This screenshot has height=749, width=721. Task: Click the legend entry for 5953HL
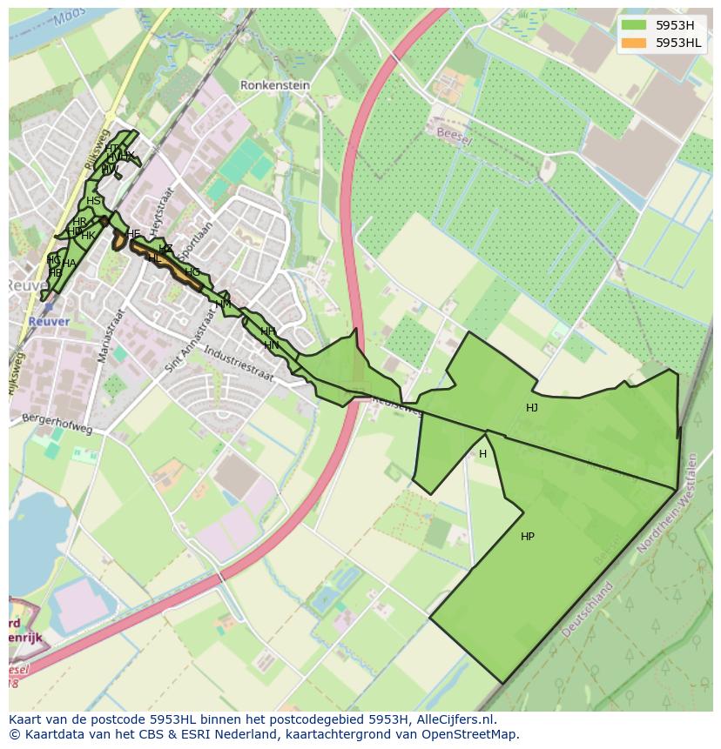click(679, 43)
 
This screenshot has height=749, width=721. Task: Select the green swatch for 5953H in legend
click(634, 25)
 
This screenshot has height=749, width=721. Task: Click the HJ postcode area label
click(531, 408)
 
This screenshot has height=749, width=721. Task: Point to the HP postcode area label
click(527, 537)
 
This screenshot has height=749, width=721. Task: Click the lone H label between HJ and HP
click(482, 454)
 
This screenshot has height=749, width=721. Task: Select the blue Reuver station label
click(48, 321)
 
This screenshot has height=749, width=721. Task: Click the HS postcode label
click(93, 201)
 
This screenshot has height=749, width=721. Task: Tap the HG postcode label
click(192, 272)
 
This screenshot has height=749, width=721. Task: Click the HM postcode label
click(224, 304)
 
